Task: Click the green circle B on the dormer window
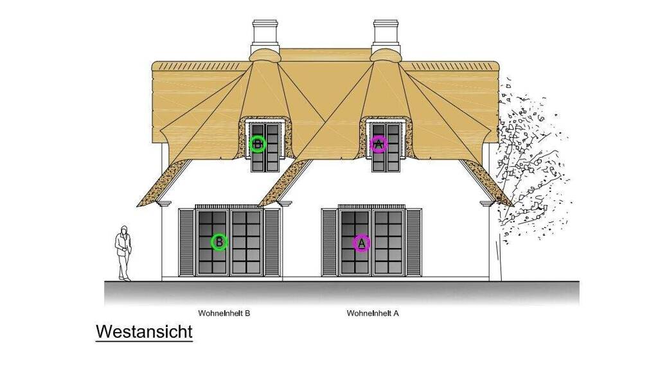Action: pyautogui.click(x=258, y=144)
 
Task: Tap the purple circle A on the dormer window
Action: pyautogui.click(x=378, y=144)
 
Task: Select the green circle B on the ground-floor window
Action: pyautogui.click(x=219, y=242)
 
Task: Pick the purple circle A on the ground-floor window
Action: pyautogui.click(x=361, y=243)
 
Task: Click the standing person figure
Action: pyautogui.click(x=123, y=254)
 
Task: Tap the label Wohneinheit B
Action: pyautogui.click(x=224, y=313)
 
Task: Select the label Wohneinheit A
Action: pyautogui.click(x=373, y=313)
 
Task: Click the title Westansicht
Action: pyautogui.click(x=144, y=332)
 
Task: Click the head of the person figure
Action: pyautogui.click(x=123, y=231)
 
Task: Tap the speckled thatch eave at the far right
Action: pyautogui.click(x=488, y=184)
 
